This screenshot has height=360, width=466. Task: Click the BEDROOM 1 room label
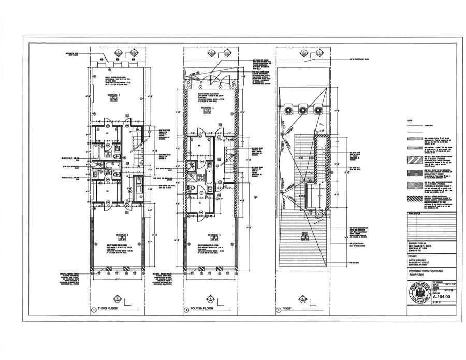113,96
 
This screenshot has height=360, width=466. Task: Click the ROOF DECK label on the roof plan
305,235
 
